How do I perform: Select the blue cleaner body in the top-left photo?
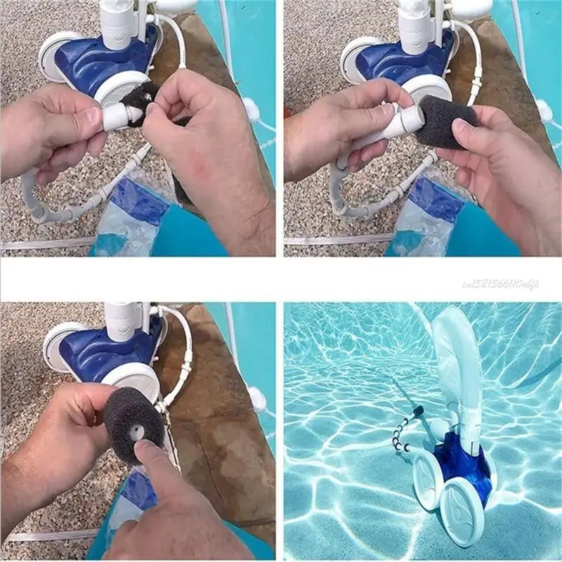coord(98,60)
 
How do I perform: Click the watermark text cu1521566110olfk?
coord(501,283)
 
